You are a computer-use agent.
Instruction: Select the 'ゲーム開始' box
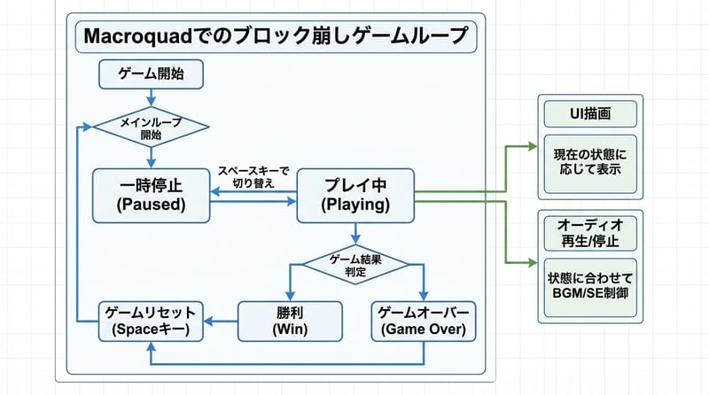152,73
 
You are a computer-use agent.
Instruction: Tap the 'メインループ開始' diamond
152,129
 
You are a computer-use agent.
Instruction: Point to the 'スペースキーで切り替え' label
252,176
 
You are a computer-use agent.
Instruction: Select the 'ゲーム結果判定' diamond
355,264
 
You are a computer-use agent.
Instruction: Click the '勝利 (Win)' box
290,320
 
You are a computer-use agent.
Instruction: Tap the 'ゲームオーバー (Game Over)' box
423,320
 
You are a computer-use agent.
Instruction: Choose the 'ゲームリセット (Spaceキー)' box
152,320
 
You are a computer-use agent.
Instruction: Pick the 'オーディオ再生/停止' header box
589,232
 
